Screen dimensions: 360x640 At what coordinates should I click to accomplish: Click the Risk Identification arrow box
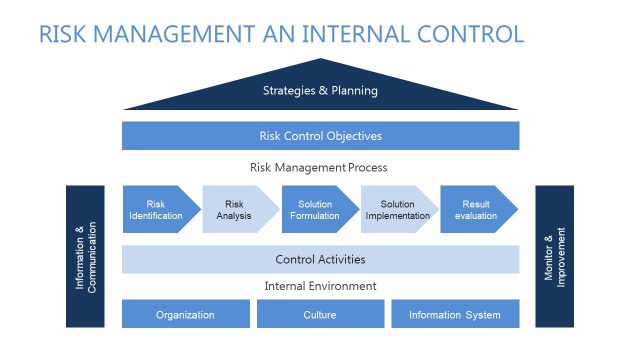(x=156, y=209)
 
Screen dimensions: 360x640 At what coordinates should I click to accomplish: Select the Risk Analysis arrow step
(x=235, y=209)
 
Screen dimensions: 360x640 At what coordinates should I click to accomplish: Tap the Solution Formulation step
(x=315, y=209)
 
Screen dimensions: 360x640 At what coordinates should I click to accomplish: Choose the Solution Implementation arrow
(x=394, y=209)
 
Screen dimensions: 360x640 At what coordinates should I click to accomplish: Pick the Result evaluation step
(x=475, y=209)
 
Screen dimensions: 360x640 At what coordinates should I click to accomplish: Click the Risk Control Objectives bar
(x=320, y=136)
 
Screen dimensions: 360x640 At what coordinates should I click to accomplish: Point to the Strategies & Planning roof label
(x=320, y=91)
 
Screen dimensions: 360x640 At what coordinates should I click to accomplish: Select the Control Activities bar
(x=320, y=260)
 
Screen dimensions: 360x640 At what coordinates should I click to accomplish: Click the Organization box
(x=185, y=314)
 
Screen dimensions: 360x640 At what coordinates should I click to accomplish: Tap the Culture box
(x=320, y=314)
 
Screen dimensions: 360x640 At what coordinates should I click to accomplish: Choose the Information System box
(x=454, y=314)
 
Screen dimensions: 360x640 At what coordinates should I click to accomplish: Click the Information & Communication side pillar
(x=85, y=256)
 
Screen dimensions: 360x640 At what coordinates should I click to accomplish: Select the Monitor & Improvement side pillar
(x=554, y=256)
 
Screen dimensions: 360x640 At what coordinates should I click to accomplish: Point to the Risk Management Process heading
(x=320, y=168)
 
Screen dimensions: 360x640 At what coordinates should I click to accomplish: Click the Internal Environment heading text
(x=320, y=286)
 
